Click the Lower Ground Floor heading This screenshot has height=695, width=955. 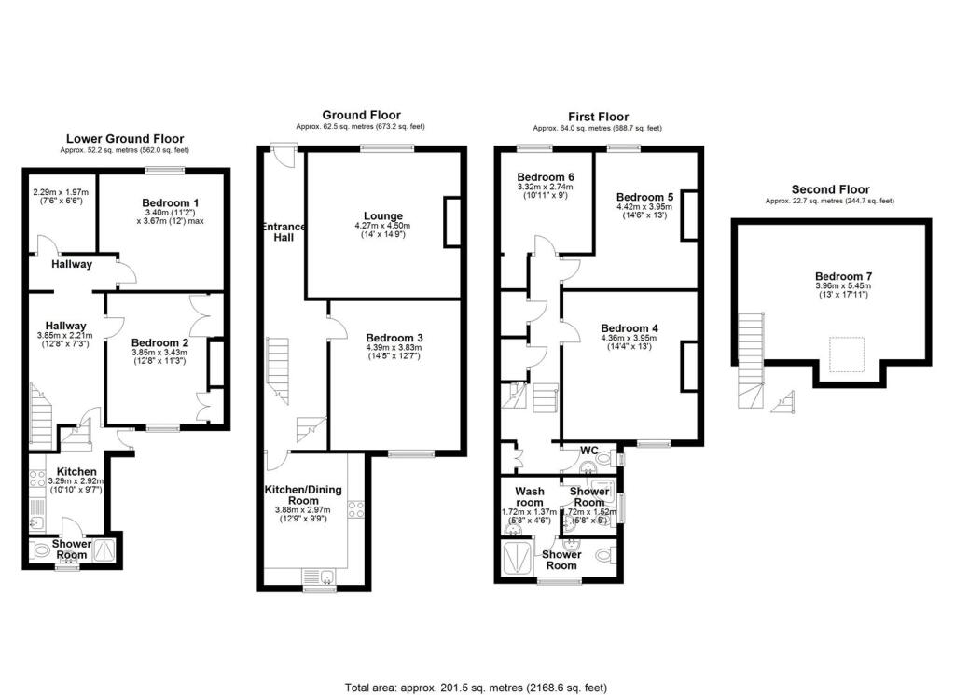coord(122,138)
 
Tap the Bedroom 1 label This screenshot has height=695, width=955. coord(171,202)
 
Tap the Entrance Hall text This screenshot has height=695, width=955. coord(284,232)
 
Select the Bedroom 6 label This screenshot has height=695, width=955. coord(546,177)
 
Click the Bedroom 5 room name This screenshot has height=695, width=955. coord(644,197)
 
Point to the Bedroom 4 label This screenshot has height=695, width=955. coord(630,327)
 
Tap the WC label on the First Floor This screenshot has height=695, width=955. coord(588,450)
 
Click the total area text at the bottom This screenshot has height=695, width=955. coord(476,687)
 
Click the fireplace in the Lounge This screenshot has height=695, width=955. coord(452,222)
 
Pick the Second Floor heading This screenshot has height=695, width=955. coord(829,188)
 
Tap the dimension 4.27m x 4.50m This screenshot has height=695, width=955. coord(383,226)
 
